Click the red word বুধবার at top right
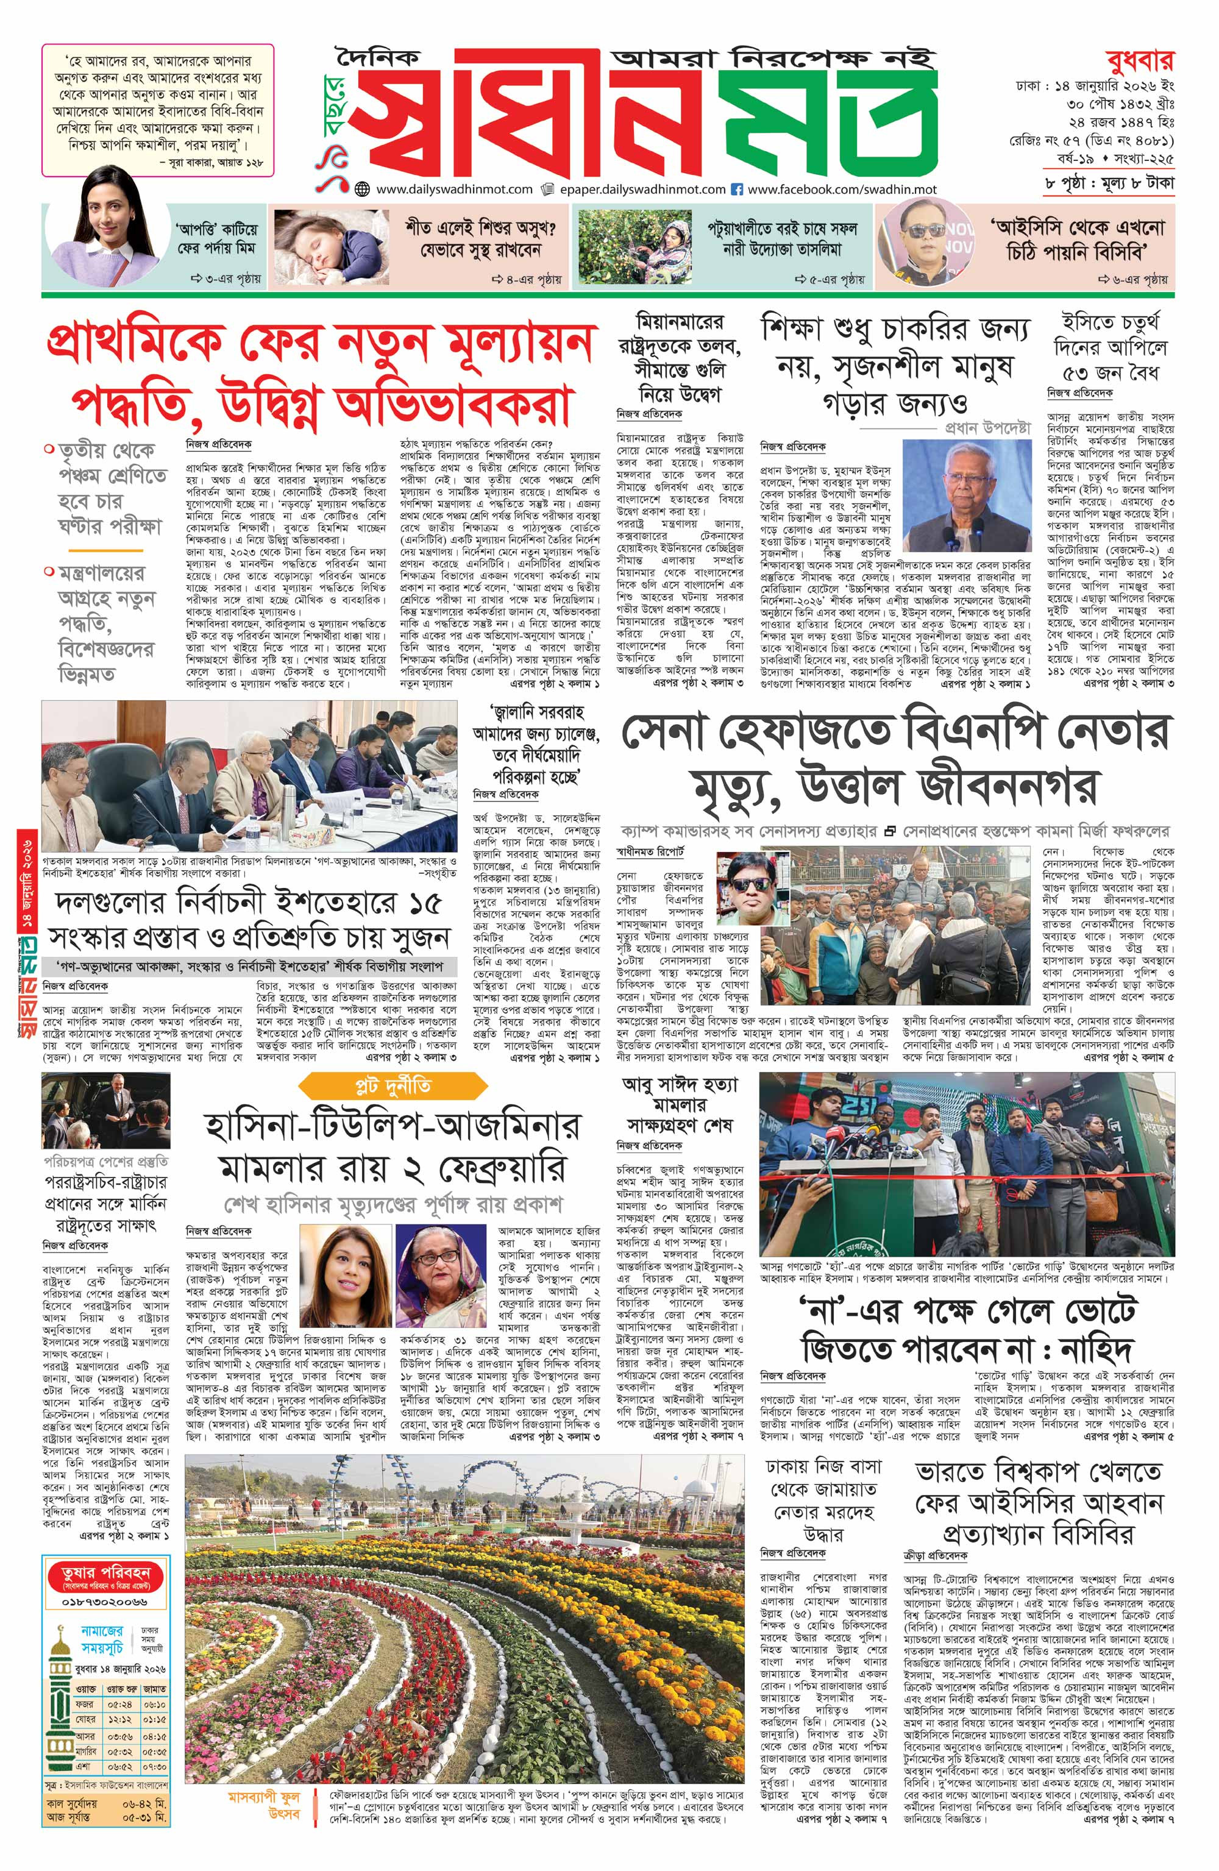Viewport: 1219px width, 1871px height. point(1139,60)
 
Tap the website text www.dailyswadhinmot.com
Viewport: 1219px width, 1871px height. point(454,190)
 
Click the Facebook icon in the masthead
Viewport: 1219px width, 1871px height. point(737,190)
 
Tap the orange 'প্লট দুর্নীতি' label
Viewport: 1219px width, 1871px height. point(393,1087)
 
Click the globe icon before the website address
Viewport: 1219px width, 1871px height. point(362,190)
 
